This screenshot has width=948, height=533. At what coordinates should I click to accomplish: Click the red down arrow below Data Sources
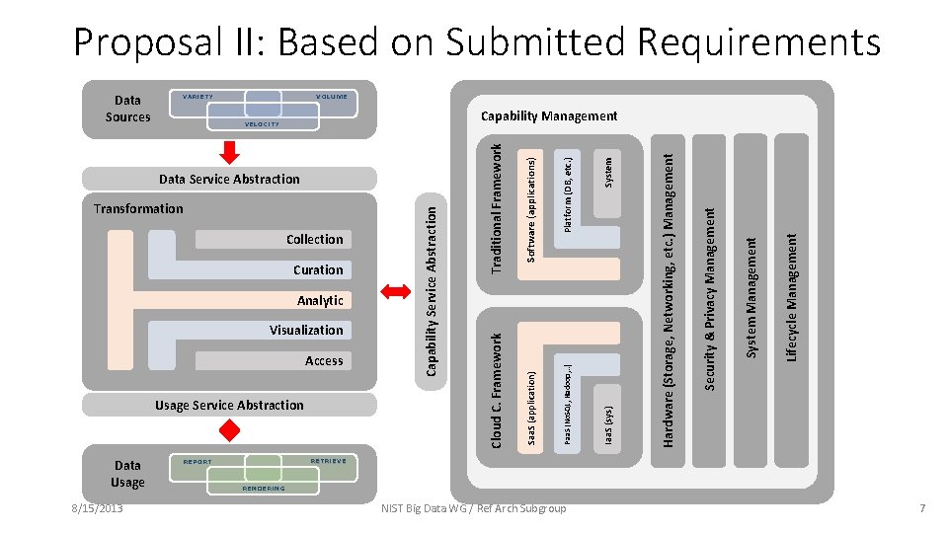point(229,150)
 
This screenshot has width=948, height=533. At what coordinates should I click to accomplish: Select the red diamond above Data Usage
point(229,429)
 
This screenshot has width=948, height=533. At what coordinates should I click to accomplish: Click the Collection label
point(314,240)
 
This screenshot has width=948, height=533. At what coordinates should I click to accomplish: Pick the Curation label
point(318,269)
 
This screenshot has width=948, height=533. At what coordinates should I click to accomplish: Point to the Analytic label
point(320,300)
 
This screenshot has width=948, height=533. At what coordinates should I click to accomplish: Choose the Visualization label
point(306,331)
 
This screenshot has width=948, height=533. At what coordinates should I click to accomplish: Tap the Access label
point(324,361)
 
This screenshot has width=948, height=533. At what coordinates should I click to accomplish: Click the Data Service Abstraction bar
point(229,179)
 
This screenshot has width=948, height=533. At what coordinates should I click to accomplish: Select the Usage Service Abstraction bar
point(229,405)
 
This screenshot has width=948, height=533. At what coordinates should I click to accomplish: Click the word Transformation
point(138,208)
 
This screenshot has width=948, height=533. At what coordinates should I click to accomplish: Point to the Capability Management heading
point(549,116)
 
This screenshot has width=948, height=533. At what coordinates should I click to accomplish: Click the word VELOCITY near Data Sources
point(262,124)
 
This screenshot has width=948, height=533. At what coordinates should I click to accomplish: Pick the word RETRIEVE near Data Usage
point(328,460)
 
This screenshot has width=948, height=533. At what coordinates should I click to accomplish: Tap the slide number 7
point(921,508)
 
